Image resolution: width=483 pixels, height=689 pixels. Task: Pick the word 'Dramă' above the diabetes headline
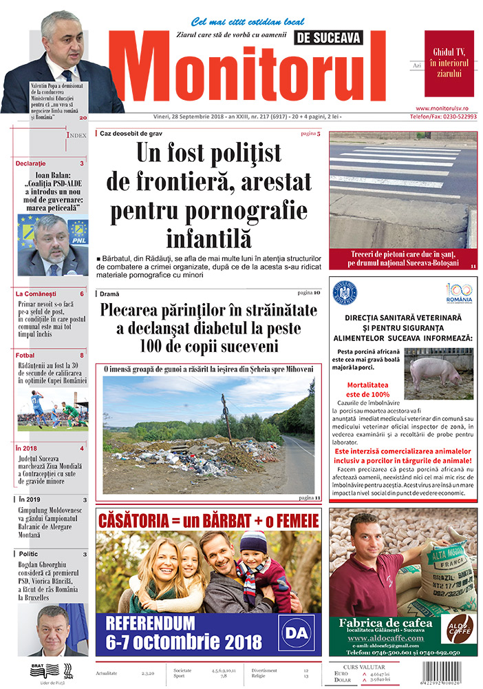[109, 294]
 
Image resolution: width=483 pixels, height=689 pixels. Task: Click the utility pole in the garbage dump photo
[226, 416]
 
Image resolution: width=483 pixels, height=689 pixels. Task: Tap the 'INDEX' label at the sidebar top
[76, 136]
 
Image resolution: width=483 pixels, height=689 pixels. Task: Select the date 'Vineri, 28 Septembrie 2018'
[182, 118]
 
